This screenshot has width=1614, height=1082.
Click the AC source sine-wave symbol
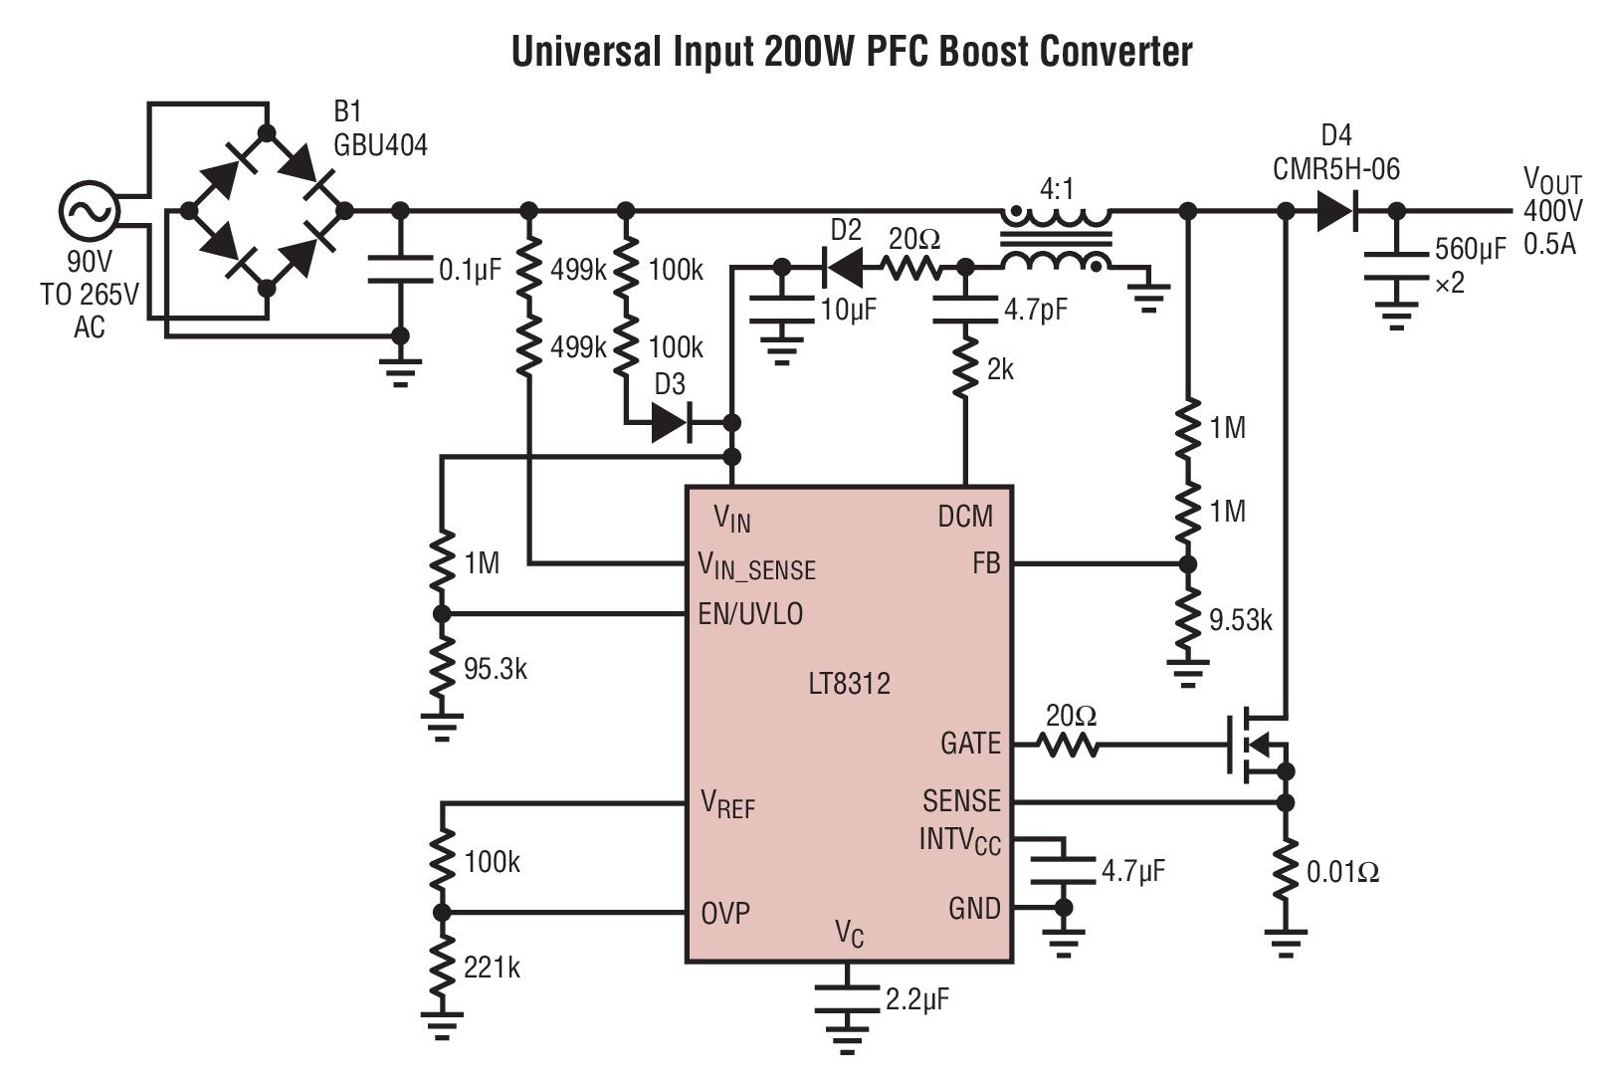click(x=89, y=210)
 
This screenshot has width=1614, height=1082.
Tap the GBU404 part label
click(x=380, y=145)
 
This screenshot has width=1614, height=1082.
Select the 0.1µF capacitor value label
click(x=470, y=271)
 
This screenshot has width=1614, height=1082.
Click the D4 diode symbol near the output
click(x=1336, y=211)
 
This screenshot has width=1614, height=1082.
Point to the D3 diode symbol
click(x=671, y=423)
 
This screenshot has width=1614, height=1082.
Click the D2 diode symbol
click(x=843, y=267)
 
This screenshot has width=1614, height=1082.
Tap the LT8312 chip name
click(x=849, y=684)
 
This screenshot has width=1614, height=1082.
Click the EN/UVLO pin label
click(x=750, y=614)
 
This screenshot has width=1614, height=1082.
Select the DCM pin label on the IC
click(x=965, y=517)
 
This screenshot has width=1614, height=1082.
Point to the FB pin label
click(x=985, y=564)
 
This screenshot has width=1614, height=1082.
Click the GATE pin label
click(x=970, y=744)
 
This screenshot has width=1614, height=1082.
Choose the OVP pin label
click(x=725, y=913)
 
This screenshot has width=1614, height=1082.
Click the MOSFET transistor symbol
click(x=1257, y=745)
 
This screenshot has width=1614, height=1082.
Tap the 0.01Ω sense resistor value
click(x=1342, y=873)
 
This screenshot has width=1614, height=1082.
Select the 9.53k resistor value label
click(x=1240, y=621)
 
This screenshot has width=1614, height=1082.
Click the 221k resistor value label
click(x=492, y=968)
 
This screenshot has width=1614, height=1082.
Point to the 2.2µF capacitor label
click(x=916, y=999)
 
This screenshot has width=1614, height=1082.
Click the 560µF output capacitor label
click(x=1471, y=250)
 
